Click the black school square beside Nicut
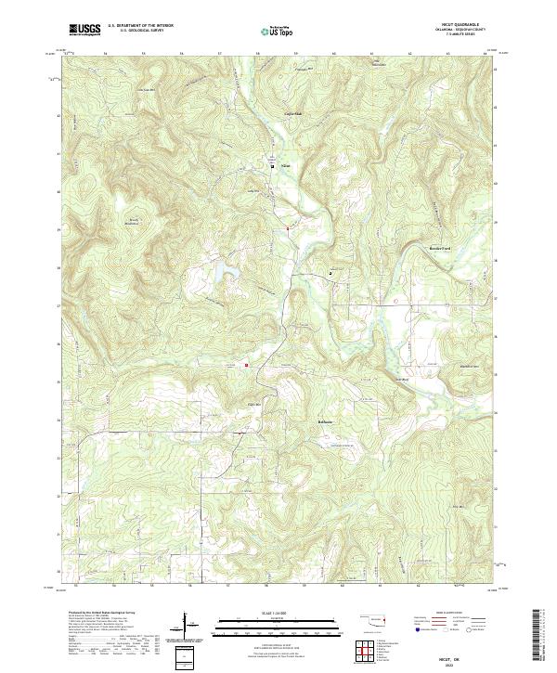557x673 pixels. pyautogui.click(x=272, y=166)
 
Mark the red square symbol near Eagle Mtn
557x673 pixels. pyautogui.click(x=247, y=365)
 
